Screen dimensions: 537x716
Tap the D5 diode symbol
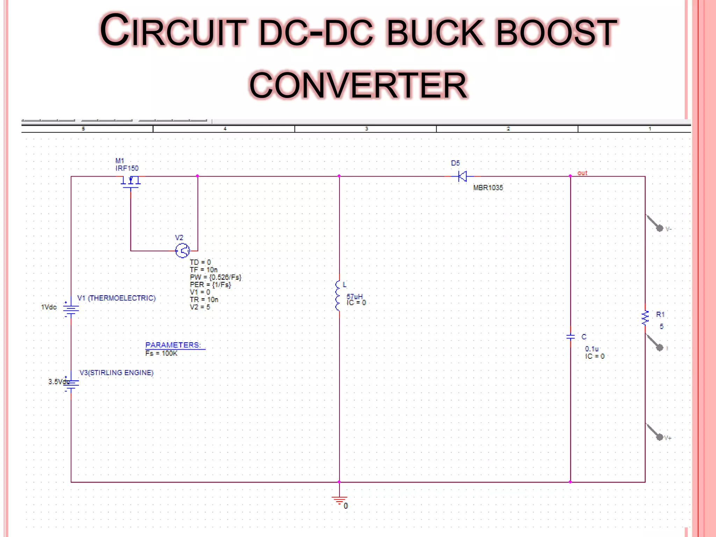coord(462,177)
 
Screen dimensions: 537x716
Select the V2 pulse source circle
coord(182,251)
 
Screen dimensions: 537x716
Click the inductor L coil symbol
coord(338,296)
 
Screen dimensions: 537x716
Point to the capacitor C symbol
coord(570,337)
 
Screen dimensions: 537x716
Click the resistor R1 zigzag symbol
coord(645,318)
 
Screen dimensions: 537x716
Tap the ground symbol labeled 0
coord(339,500)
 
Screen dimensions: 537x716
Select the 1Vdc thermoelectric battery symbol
coord(71,309)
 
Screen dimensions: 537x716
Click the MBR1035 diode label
coord(488,188)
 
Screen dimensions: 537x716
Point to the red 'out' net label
coord(582,173)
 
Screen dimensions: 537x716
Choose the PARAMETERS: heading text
coord(173,345)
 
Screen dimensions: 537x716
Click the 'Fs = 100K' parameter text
coord(161,353)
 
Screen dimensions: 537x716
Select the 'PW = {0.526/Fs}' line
coord(215,277)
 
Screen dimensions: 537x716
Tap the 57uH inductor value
coord(355,296)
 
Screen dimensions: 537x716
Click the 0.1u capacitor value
coord(592,349)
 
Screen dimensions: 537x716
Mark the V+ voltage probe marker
coord(660,437)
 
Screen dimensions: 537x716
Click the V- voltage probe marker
coord(660,228)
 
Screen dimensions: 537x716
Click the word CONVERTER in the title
coord(358,85)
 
